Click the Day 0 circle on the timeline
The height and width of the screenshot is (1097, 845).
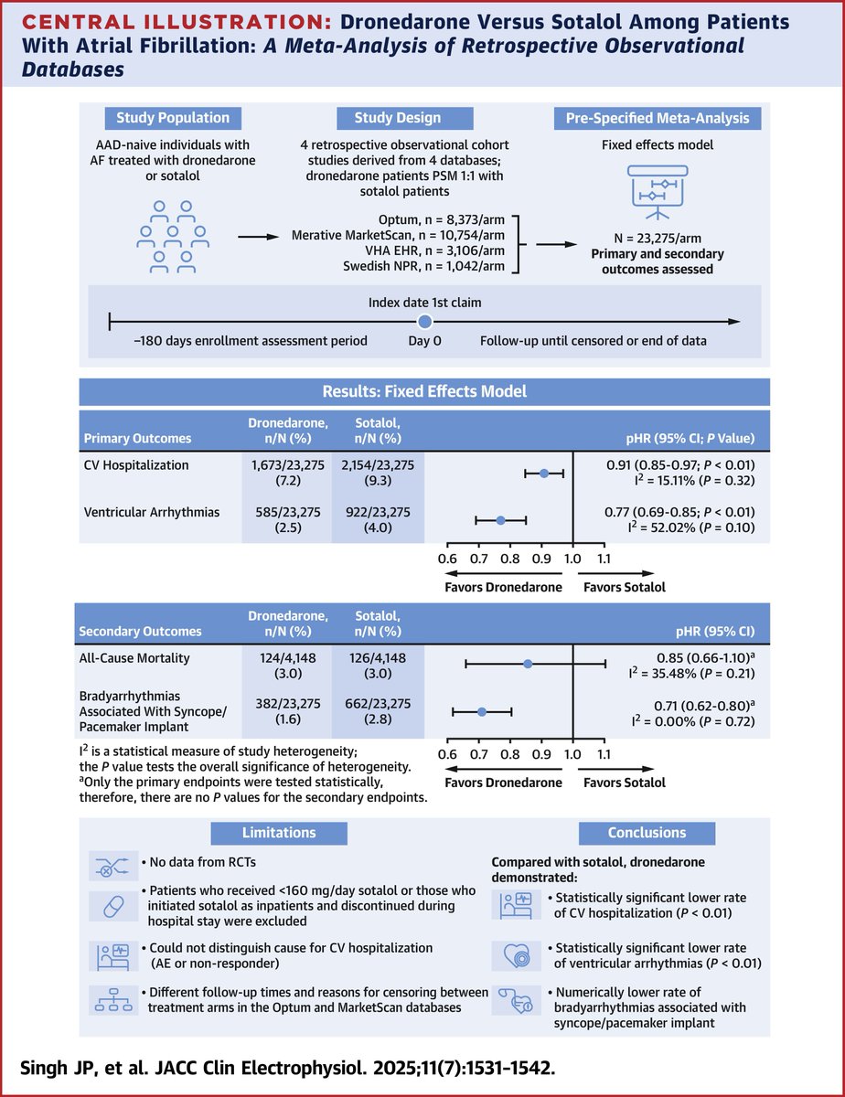click(x=423, y=322)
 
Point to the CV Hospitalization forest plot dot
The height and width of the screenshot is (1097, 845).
click(x=544, y=473)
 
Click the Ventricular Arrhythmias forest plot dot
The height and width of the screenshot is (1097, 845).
click(x=500, y=520)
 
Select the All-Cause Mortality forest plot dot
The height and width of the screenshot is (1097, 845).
click(x=528, y=663)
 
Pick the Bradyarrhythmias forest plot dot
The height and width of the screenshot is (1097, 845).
click(x=482, y=710)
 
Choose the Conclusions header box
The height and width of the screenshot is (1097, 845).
click(x=647, y=833)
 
